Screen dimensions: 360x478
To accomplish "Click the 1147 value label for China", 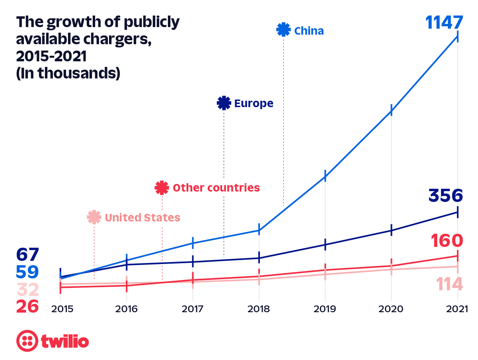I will click(444, 23).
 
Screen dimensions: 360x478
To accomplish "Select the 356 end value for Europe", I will click(446, 196).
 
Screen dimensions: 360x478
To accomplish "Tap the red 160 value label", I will click(447, 241).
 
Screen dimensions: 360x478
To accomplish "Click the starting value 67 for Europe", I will click(27, 254).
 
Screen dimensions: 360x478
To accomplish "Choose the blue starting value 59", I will click(27, 272).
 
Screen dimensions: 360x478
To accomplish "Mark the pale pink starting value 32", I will click(27, 290).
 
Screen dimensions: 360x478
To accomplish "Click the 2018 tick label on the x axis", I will click(259, 309).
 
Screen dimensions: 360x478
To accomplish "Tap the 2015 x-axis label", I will click(60, 309).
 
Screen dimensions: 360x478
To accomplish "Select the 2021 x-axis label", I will click(457, 309).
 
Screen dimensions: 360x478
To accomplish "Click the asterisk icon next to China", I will click(283, 30).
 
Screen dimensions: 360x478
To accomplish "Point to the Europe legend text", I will click(254, 104).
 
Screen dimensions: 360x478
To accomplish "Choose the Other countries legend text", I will click(216, 188).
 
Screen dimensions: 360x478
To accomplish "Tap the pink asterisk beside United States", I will click(94, 217).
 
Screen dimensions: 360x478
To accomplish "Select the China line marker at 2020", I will click(391, 110).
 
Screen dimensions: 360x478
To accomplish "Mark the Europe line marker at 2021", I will click(458, 212).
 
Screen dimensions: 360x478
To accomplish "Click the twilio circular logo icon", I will click(27, 341).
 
